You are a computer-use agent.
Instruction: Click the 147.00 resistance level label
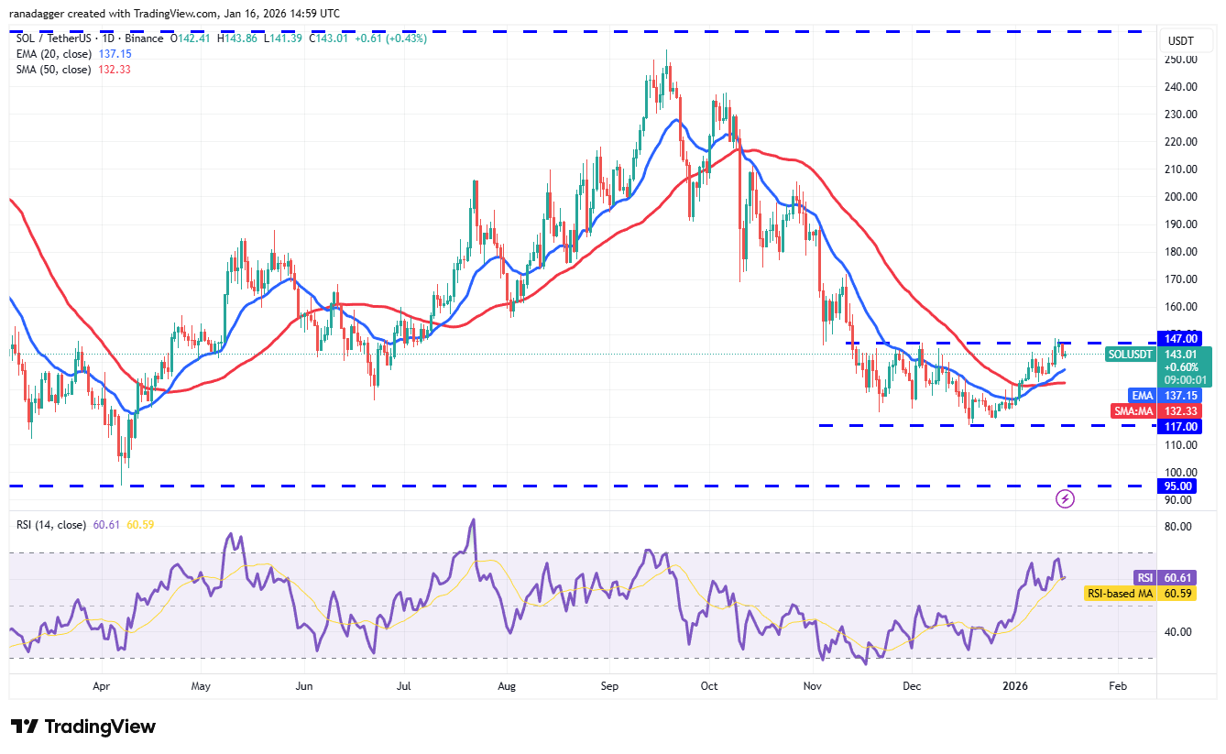tap(1181, 338)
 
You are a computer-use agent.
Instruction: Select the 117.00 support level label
tap(1181, 426)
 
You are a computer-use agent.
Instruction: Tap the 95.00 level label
tap(1181, 486)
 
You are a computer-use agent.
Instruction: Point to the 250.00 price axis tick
tap(1181, 60)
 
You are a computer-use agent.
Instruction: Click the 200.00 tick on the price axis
tap(1181, 197)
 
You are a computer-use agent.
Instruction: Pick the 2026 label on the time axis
tap(1013, 685)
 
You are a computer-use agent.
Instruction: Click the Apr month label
tap(102, 685)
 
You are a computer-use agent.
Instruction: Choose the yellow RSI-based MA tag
tap(1119, 594)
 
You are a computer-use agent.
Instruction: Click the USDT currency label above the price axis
tap(1179, 41)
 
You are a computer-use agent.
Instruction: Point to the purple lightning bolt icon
tap(1065, 498)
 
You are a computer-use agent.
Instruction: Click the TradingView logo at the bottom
tap(83, 727)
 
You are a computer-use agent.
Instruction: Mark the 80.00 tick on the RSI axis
tap(1178, 527)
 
